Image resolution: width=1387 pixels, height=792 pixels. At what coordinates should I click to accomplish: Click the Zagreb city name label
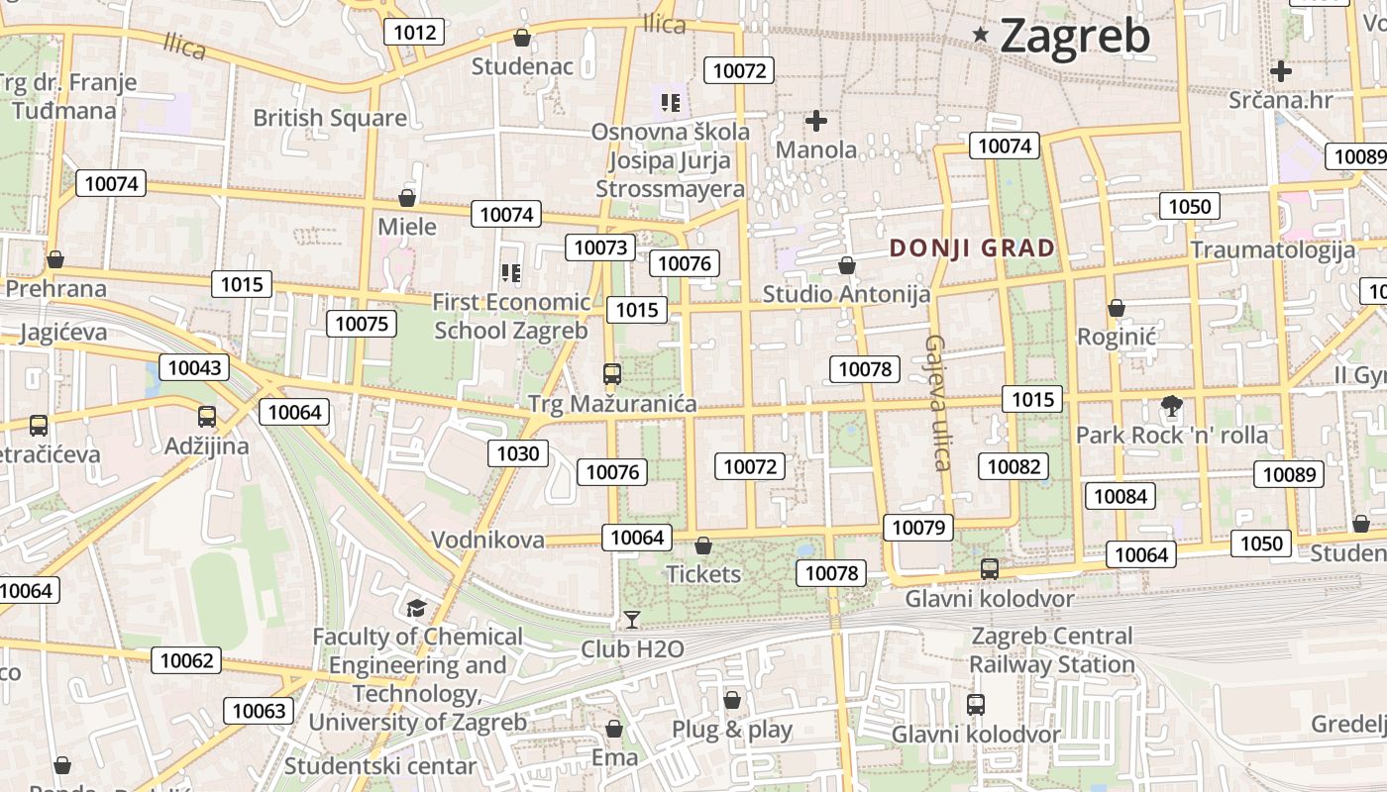1075,37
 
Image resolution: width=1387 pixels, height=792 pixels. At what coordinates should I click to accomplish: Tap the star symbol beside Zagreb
981,35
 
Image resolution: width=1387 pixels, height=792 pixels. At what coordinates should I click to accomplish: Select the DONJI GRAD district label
973,247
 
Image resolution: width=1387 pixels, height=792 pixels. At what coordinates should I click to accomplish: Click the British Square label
330,118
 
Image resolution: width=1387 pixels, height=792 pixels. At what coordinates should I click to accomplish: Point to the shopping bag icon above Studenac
522,38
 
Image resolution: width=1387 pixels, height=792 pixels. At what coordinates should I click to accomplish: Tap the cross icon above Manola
816,121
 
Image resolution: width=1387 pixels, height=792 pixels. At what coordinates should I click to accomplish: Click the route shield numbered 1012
414,32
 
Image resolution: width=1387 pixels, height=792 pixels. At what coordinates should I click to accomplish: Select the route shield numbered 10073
600,247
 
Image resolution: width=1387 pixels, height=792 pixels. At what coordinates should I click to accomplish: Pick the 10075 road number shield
364,324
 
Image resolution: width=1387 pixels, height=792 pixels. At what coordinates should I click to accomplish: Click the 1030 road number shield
517,453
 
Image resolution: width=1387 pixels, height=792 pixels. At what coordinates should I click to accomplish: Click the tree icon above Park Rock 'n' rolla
1171,405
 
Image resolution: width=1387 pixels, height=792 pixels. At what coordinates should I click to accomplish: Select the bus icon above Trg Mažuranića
612,374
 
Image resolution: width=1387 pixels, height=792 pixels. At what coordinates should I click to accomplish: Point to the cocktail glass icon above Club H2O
632,620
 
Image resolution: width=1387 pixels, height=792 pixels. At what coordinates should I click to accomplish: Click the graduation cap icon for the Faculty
416,607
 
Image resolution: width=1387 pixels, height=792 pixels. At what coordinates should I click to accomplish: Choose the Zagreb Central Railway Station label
1051,649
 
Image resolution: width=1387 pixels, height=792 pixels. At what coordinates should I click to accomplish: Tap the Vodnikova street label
487,540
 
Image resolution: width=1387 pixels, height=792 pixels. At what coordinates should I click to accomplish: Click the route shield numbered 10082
1013,466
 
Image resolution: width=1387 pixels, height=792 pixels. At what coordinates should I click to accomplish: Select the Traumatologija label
1273,248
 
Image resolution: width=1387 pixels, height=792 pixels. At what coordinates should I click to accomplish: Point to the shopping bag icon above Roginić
1117,308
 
